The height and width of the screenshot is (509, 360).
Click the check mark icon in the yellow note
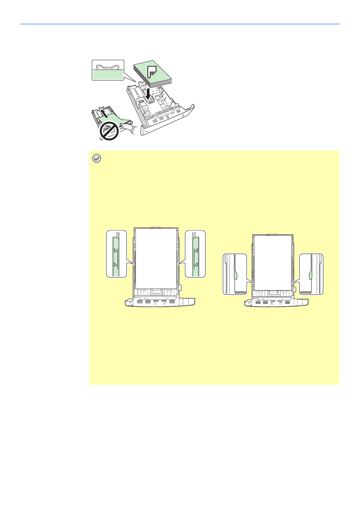click(x=97, y=158)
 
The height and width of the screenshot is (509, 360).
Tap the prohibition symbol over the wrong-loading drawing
click(x=109, y=131)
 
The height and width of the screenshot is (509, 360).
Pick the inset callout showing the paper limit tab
click(x=108, y=70)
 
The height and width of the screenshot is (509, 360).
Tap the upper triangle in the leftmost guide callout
click(x=115, y=251)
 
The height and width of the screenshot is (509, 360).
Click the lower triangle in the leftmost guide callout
click(x=115, y=264)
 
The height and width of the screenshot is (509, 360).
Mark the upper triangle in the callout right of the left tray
click(x=196, y=251)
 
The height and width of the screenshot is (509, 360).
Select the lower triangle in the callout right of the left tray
click(x=196, y=264)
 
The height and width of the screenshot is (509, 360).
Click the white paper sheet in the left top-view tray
click(x=156, y=258)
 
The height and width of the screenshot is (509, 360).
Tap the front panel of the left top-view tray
click(x=160, y=302)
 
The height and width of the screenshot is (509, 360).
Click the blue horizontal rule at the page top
click(x=180, y=24)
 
